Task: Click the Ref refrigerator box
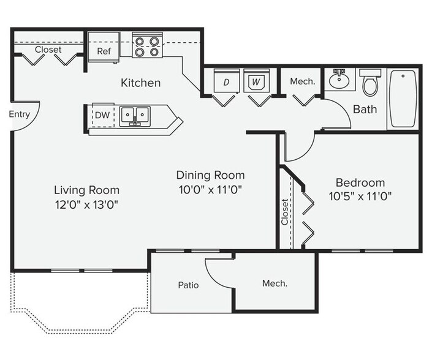pyautogui.click(x=104, y=51)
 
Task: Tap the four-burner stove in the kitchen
pyautogui.click(x=146, y=46)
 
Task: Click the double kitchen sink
pyautogui.click(x=135, y=114)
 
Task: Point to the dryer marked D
pyautogui.click(x=225, y=81)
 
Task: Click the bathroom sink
pyautogui.click(x=338, y=80)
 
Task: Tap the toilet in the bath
pyautogui.click(x=369, y=83)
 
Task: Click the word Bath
pyautogui.click(x=365, y=110)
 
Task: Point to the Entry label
pyautogui.click(x=20, y=114)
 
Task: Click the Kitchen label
pyautogui.click(x=140, y=83)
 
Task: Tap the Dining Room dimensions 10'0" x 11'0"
pyautogui.click(x=210, y=189)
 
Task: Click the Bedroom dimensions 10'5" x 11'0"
pyautogui.click(x=360, y=197)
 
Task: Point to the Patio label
pyautogui.click(x=188, y=285)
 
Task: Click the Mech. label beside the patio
pyautogui.click(x=275, y=283)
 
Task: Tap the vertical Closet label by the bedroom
pyautogui.click(x=286, y=211)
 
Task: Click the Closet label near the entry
pyautogui.click(x=48, y=50)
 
